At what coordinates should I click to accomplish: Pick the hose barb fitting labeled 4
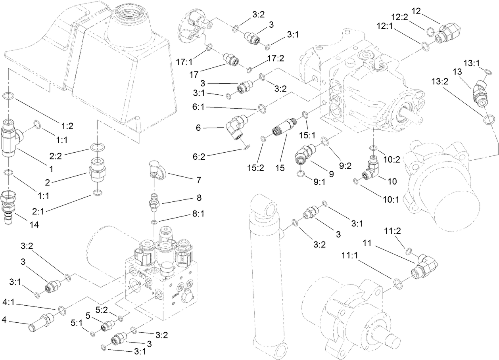tap(40, 318)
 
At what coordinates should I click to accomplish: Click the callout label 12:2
tap(399, 17)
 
